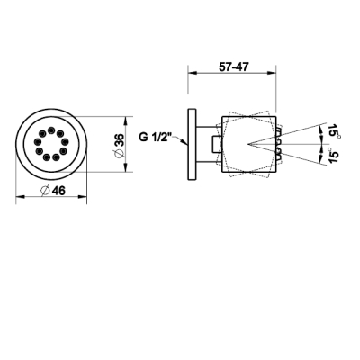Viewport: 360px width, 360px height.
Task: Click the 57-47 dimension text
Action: [234, 67]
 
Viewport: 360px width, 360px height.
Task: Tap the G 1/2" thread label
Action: [155, 138]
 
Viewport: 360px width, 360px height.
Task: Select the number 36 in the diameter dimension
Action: [120, 140]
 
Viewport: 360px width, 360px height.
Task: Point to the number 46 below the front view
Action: [58, 191]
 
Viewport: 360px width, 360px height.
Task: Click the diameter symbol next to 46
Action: [45, 191]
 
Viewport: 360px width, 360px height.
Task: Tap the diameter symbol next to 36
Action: [120, 154]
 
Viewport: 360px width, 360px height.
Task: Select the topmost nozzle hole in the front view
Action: [51, 130]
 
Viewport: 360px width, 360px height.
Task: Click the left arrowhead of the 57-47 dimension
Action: [192, 73]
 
